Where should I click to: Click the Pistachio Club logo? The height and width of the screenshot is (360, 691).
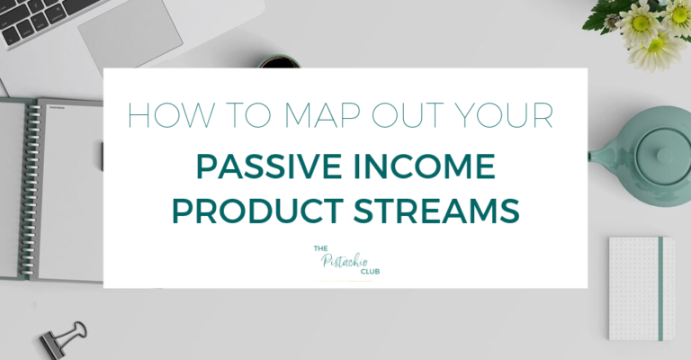(x=345, y=262)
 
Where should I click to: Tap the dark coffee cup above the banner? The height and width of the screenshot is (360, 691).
(x=280, y=62)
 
